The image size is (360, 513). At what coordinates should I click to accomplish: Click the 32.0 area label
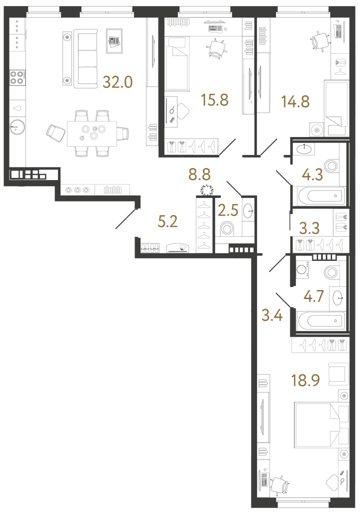pos(117,82)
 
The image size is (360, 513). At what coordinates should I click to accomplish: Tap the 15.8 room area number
pos(214,100)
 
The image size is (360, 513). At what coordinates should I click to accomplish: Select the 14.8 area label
pos(295,101)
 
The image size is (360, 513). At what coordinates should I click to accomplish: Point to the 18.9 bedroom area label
pos(305,380)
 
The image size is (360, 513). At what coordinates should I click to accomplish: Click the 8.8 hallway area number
pos(199,174)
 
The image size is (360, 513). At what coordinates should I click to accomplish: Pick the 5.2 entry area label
pos(167,221)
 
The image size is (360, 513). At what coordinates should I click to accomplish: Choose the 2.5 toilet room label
pos(228,210)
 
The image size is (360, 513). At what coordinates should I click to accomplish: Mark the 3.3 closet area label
pos(309,228)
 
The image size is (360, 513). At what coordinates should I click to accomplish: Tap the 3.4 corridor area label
pos(272,315)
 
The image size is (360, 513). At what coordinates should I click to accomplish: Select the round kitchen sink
pos(17,127)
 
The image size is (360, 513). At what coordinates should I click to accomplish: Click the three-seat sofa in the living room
pos(85,59)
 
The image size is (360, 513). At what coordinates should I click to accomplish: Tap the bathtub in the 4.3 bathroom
pos(321,196)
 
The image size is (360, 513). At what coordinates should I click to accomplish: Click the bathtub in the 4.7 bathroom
pos(321,321)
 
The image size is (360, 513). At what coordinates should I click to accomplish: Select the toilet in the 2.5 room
pos(227,228)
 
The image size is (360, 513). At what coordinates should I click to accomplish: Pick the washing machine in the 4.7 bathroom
pos(302,269)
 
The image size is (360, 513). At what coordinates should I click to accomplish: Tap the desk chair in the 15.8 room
pos(216,48)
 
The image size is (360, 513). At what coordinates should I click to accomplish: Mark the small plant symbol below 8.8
pos(206,190)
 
